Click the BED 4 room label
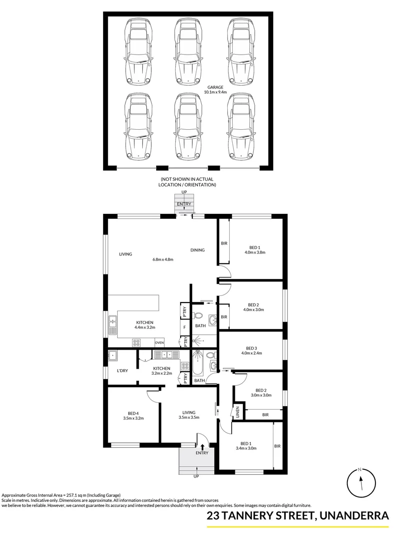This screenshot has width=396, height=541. pyautogui.click(x=133, y=413)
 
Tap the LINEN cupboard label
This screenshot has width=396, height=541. pyautogui.click(x=238, y=413)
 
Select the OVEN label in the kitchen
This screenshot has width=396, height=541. pyautogui.click(x=160, y=343)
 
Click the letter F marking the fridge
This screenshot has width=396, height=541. pyautogui.click(x=185, y=328)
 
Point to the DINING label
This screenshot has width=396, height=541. pyautogui.click(x=197, y=250)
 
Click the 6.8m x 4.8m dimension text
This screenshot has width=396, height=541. pyautogui.click(x=163, y=259)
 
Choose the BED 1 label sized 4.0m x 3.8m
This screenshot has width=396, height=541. pyautogui.click(x=254, y=247)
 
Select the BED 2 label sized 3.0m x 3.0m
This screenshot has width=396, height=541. pyautogui.click(x=260, y=391)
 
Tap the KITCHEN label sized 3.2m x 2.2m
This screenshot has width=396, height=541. pyautogui.click(x=162, y=368)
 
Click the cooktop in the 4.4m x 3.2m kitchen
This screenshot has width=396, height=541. pyautogui.click(x=137, y=343)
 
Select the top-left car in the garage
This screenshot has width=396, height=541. pyautogui.click(x=138, y=51)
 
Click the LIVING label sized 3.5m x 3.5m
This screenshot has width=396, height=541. pyautogui.click(x=189, y=412)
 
